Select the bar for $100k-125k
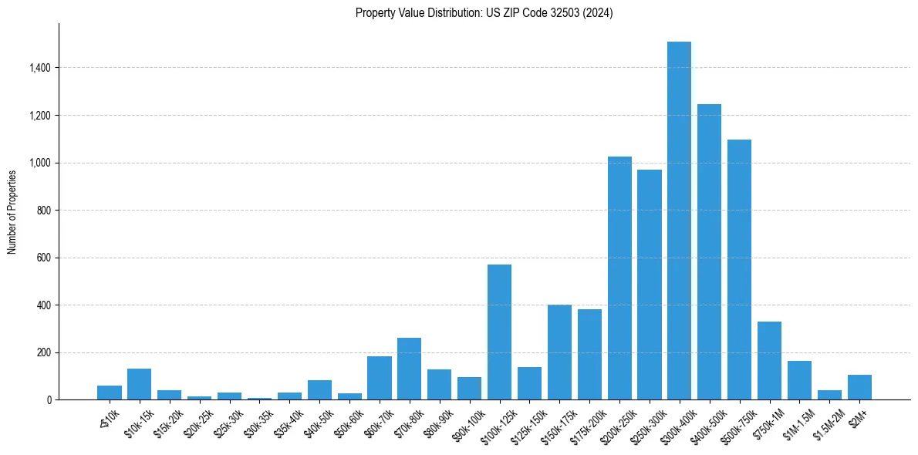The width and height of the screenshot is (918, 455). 499,332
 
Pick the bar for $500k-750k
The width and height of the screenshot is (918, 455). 739,269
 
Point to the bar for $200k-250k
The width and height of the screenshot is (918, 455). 619,278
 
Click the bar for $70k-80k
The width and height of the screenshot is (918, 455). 409,369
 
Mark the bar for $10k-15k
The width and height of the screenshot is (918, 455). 139,384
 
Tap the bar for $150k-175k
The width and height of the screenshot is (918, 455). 559,352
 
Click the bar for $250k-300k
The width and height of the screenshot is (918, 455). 650,285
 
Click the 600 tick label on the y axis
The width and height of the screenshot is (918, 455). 43,258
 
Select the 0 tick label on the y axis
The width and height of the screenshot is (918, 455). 49,400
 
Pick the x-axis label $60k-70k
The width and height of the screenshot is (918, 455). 376,423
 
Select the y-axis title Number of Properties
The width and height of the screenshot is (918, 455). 12,211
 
